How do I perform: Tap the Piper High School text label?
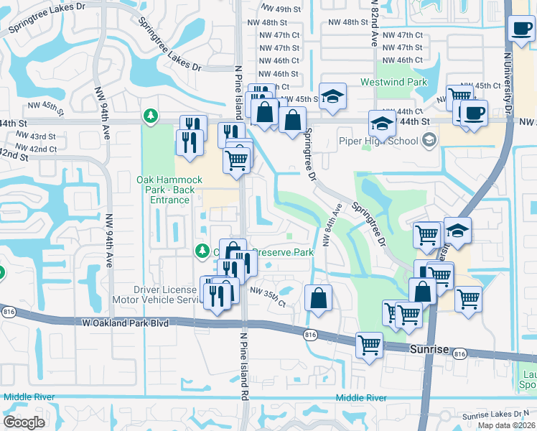click(x=379, y=141)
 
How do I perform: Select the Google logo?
click(x=24, y=422)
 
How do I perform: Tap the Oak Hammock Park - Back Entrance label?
click(x=164, y=190)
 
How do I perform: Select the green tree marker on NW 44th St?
click(x=149, y=115)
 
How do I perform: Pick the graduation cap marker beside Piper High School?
click(x=383, y=124)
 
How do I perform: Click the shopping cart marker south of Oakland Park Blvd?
click(x=369, y=346)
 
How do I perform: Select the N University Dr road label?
click(x=509, y=72)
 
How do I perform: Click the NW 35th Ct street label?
click(x=267, y=297)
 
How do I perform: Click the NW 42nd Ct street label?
click(x=38, y=149)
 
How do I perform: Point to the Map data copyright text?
click(x=505, y=425)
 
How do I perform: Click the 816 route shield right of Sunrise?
click(x=460, y=353)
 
